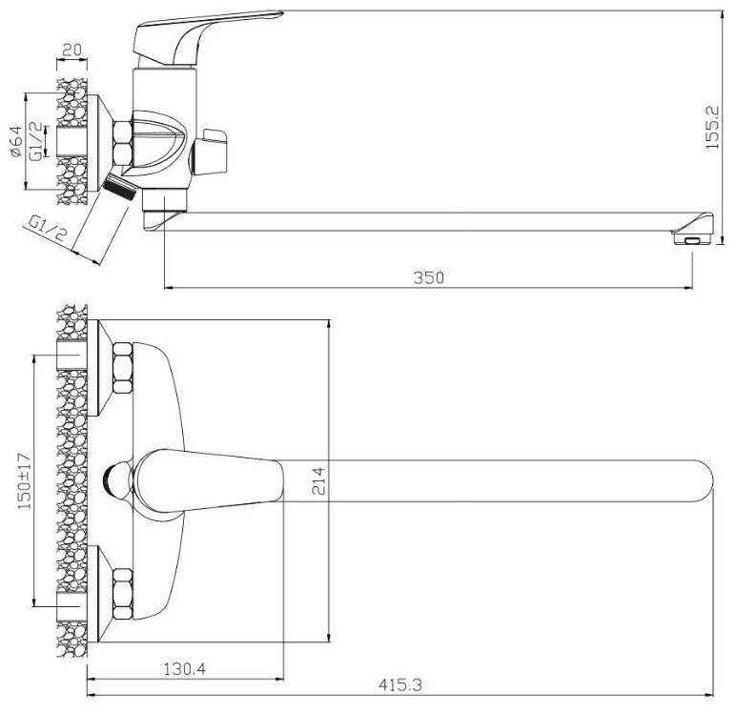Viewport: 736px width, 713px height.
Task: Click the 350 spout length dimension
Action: (x=429, y=277)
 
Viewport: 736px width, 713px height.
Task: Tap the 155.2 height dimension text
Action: (x=712, y=127)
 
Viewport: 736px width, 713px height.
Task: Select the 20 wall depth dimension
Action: (x=72, y=50)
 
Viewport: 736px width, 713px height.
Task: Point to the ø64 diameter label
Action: (x=16, y=141)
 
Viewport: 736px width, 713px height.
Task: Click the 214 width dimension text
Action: (x=318, y=480)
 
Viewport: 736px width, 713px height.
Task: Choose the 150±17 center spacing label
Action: (x=24, y=480)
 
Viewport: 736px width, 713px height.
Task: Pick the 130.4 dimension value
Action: (x=184, y=668)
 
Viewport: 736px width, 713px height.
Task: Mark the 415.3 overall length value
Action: (x=399, y=685)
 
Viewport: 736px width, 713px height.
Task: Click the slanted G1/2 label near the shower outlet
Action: (x=48, y=229)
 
